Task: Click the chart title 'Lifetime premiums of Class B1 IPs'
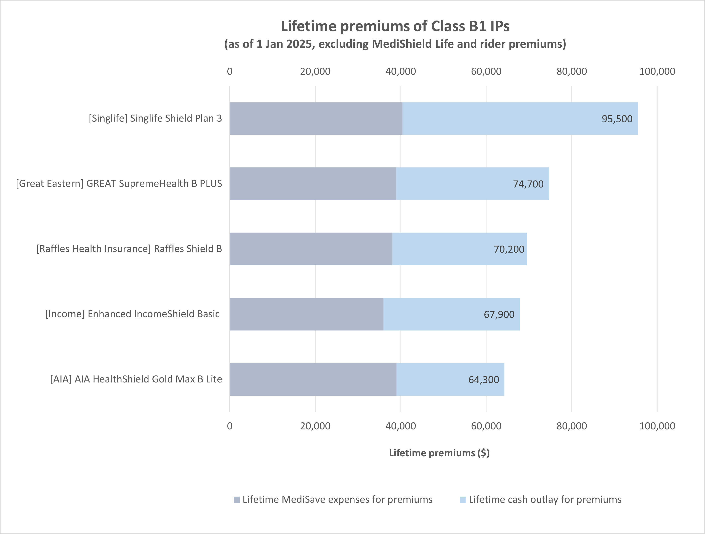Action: click(x=395, y=26)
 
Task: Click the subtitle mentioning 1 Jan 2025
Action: click(x=395, y=44)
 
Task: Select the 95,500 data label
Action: click(x=617, y=119)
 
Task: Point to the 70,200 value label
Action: click(x=509, y=249)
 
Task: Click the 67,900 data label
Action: click(x=499, y=315)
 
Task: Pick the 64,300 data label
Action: click(x=483, y=379)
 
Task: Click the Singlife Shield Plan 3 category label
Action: click(x=155, y=118)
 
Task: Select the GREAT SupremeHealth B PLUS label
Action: click(x=119, y=184)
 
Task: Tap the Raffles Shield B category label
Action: click(x=129, y=249)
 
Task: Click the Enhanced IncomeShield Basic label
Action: click(x=132, y=314)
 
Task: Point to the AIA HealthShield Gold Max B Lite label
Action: click(x=136, y=379)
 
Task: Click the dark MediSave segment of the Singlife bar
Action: click(x=316, y=118)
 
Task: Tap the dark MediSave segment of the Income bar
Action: click(x=306, y=314)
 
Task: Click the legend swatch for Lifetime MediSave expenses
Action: click(x=236, y=500)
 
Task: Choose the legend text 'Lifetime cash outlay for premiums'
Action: click(x=545, y=500)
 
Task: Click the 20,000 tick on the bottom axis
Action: click(x=315, y=426)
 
